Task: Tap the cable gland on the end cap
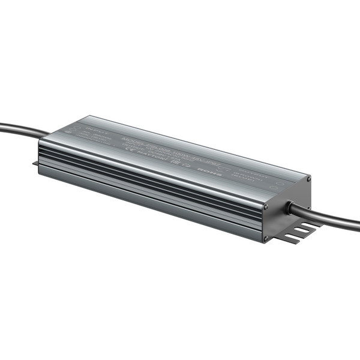[x=289, y=207]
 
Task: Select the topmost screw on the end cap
[x=308, y=179]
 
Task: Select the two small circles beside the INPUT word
[x=69, y=128]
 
